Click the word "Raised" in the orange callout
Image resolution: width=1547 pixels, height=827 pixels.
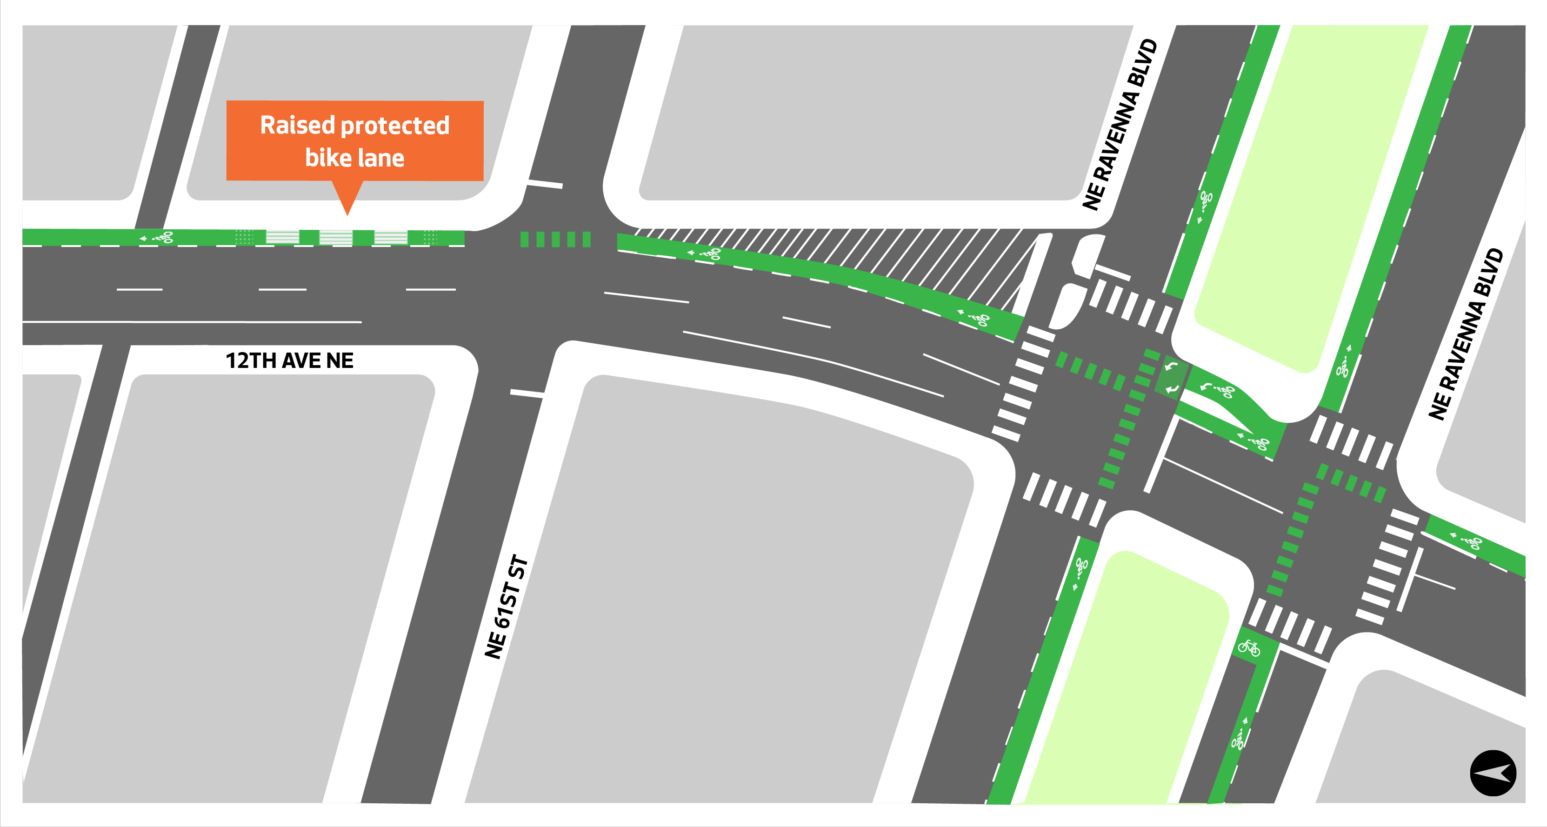pyautogui.click(x=297, y=126)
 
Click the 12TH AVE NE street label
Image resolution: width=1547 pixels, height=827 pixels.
pyautogui.click(x=289, y=360)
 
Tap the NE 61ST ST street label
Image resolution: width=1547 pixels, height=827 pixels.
pyautogui.click(x=506, y=607)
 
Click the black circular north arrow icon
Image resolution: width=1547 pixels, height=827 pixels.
pyautogui.click(x=1493, y=773)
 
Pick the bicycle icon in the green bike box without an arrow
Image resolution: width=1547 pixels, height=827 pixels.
pyautogui.click(x=1249, y=648)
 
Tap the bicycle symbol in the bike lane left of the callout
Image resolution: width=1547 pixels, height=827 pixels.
pyautogui.click(x=163, y=238)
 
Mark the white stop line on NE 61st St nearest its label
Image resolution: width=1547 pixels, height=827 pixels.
pyautogui.click(x=527, y=393)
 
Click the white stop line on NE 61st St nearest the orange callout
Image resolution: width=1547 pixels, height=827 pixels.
pyautogui.click(x=545, y=184)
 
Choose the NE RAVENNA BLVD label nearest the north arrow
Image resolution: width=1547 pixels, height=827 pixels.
pyautogui.click(x=1467, y=333)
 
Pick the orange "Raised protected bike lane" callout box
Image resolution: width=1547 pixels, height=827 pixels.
pyautogui.click(x=354, y=140)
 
